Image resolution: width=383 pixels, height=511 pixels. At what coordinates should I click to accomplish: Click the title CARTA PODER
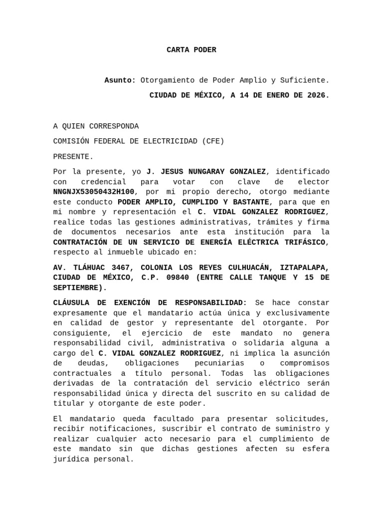pyautogui.click(x=191, y=50)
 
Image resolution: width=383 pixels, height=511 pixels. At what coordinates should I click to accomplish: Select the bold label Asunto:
pyautogui.click(x=120, y=80)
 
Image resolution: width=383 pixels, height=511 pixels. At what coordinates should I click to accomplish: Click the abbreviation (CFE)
pyautogui.click(x=213, y=141)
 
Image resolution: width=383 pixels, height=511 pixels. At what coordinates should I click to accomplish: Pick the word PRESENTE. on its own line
pyautogui.click(x=73, y=157)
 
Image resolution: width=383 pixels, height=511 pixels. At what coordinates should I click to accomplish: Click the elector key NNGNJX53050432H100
pyautogui.click(x=94, y=192)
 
